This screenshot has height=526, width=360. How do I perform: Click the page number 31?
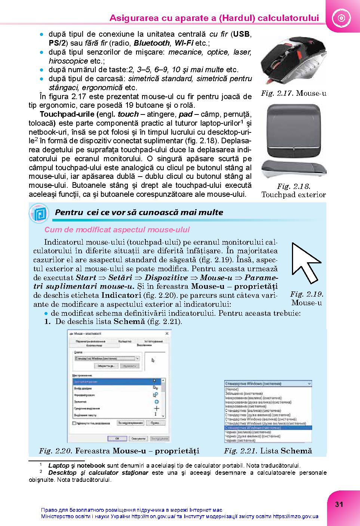click(x=339, y=504)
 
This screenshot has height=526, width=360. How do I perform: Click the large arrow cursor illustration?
click(x=305, y=263)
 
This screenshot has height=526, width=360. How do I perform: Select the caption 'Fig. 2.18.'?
click(x=294, y=186)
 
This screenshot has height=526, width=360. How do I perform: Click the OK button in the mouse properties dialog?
click(x=117, y=438)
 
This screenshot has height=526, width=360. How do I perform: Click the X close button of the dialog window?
click(x=167, y=333)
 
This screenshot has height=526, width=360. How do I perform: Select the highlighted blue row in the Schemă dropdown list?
click(x=268, y=428)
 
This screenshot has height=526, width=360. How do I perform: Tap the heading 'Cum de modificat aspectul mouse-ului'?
click(x=117, y=230)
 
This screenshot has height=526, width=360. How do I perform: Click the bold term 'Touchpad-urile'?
click(x=67, y=114)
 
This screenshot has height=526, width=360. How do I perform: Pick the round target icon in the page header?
click(x=340, y=18)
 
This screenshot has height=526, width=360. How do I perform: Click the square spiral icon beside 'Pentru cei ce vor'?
click(x=39, y=213)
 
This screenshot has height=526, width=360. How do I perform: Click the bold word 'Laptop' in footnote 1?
click(x=59, y=466)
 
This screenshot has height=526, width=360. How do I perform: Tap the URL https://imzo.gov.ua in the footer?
click(x=295, y=516)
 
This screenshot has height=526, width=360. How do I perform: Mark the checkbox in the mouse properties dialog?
click(x=74, y=423)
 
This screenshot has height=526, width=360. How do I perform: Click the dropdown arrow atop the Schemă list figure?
click(x=309, y=383)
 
